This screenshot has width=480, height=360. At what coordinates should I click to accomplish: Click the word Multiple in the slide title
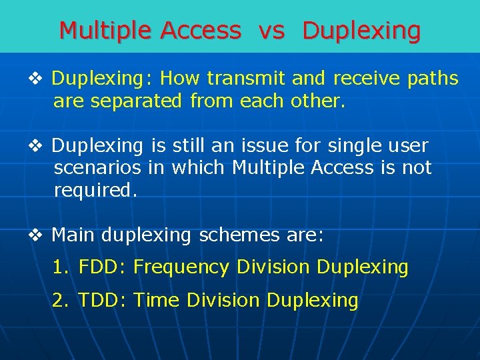pos(106,31)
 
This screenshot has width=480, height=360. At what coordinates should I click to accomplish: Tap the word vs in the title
pos(272,31)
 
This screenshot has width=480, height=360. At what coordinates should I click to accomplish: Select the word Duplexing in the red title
pos(361,31)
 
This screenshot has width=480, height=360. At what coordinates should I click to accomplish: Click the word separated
pos(141,102)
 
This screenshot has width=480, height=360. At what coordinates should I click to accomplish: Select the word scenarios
pos(97,168)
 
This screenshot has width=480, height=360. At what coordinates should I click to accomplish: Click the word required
pos(95,191)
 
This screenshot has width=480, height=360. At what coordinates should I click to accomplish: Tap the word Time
pos(157,301)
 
